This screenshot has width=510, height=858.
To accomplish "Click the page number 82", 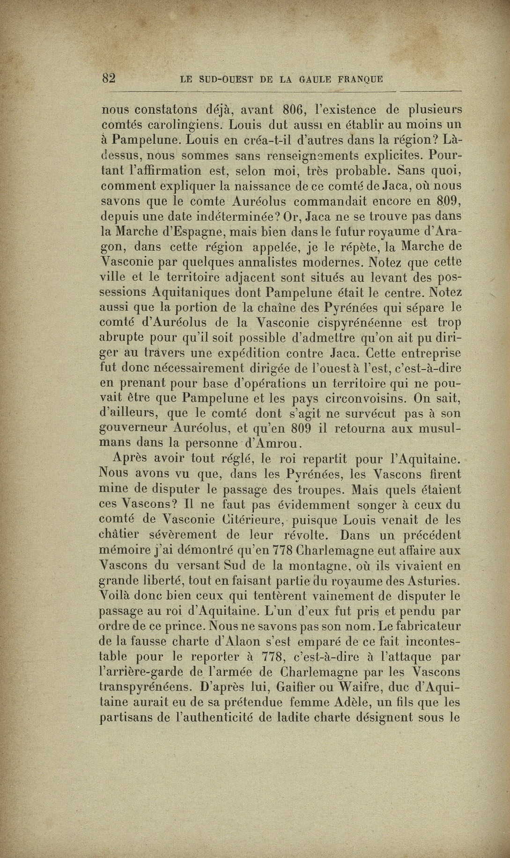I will coord(109,78).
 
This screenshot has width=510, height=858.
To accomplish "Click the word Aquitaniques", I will coord(193,293).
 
